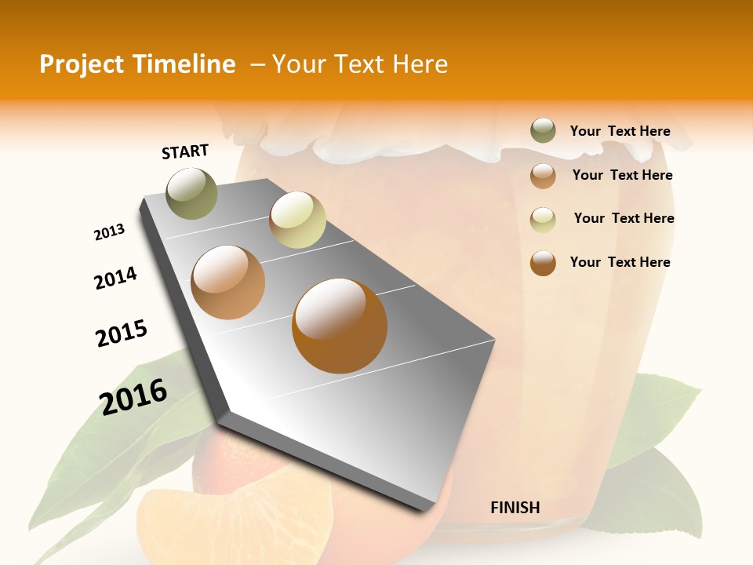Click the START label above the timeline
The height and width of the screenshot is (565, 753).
pos(185,151)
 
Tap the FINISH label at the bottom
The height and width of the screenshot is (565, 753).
pos(515,508)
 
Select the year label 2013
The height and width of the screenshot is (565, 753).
pos(110,232)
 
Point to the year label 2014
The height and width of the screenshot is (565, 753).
pos(116,278)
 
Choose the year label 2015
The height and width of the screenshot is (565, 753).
pos(122,334)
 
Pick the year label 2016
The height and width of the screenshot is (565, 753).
pos(133,396)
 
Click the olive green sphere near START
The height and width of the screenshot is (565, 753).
pos(192,193)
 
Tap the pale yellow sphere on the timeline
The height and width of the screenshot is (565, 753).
pos(297,220)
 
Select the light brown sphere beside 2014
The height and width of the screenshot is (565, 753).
pos(227,282)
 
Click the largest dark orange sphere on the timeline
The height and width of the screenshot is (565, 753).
pos(340,326)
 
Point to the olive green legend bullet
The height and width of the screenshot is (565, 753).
pos(543,130)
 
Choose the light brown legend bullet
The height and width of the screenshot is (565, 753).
pos(543,175)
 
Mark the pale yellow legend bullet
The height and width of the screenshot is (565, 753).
pos(543,219)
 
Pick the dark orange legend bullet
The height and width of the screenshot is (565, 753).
pos(543,262)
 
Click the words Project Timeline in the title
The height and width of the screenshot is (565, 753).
pos(137,64)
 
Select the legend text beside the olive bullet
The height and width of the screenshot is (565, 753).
pos(620,131)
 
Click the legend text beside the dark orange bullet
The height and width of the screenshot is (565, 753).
pos(620,262)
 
